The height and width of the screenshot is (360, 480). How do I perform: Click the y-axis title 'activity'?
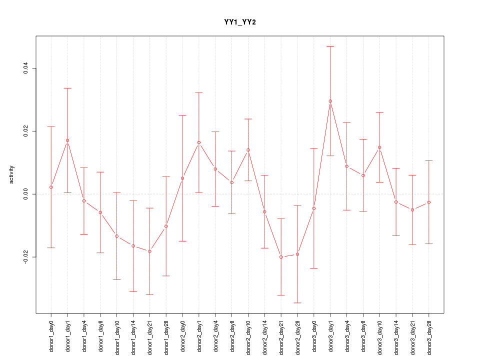point(12,174)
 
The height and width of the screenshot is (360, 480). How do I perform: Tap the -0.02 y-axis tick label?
point(25,257)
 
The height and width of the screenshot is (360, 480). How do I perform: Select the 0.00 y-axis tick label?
point(25,194)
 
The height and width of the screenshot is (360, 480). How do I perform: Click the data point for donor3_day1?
point(330,101)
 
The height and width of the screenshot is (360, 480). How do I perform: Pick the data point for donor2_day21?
point(281,257)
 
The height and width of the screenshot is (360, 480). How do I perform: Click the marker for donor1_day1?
point(67,140)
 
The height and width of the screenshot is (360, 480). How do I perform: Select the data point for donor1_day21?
point(149,251)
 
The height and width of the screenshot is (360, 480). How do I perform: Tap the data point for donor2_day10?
point(248,150)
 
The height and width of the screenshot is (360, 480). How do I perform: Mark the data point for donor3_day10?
point(379,147)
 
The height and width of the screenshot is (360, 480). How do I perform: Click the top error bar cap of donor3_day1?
point(330,46)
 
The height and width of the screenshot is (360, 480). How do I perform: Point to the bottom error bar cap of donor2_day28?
point(297,303)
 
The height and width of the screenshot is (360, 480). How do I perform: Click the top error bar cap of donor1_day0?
point(51,126)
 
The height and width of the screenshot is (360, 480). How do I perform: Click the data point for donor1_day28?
point(166,226)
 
